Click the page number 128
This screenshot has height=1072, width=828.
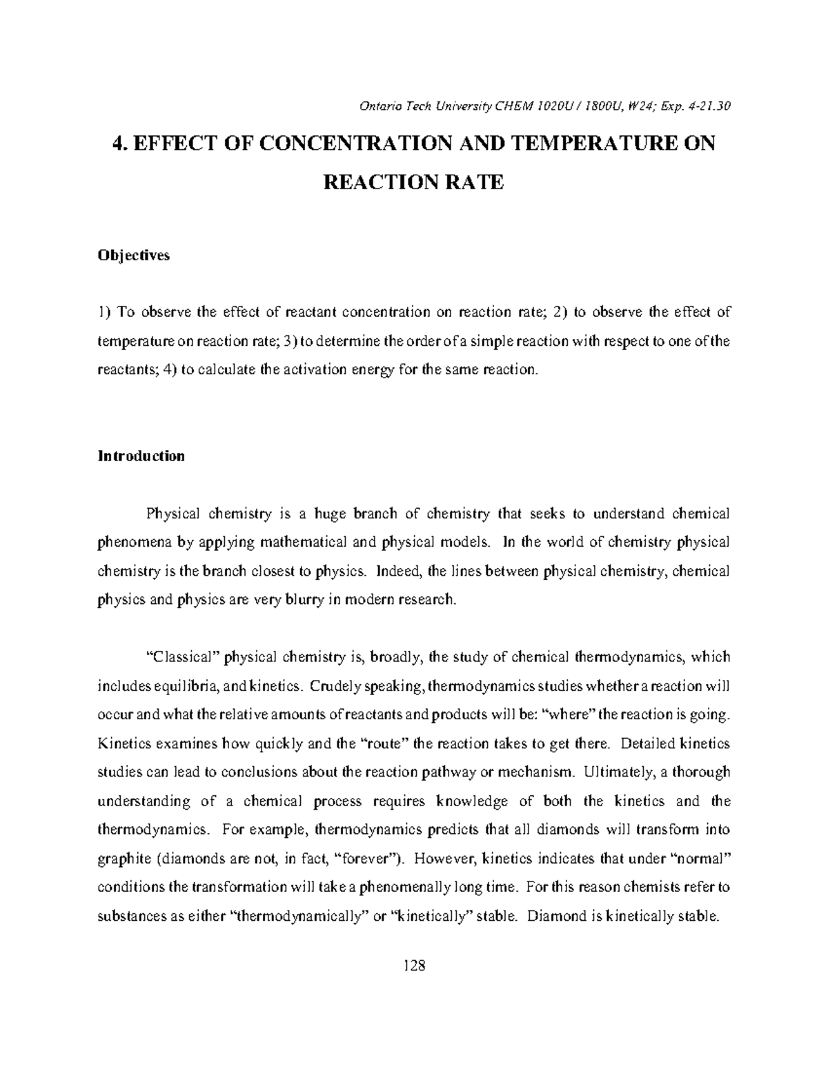tap(414, 964)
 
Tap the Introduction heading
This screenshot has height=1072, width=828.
tap(141, 456)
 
